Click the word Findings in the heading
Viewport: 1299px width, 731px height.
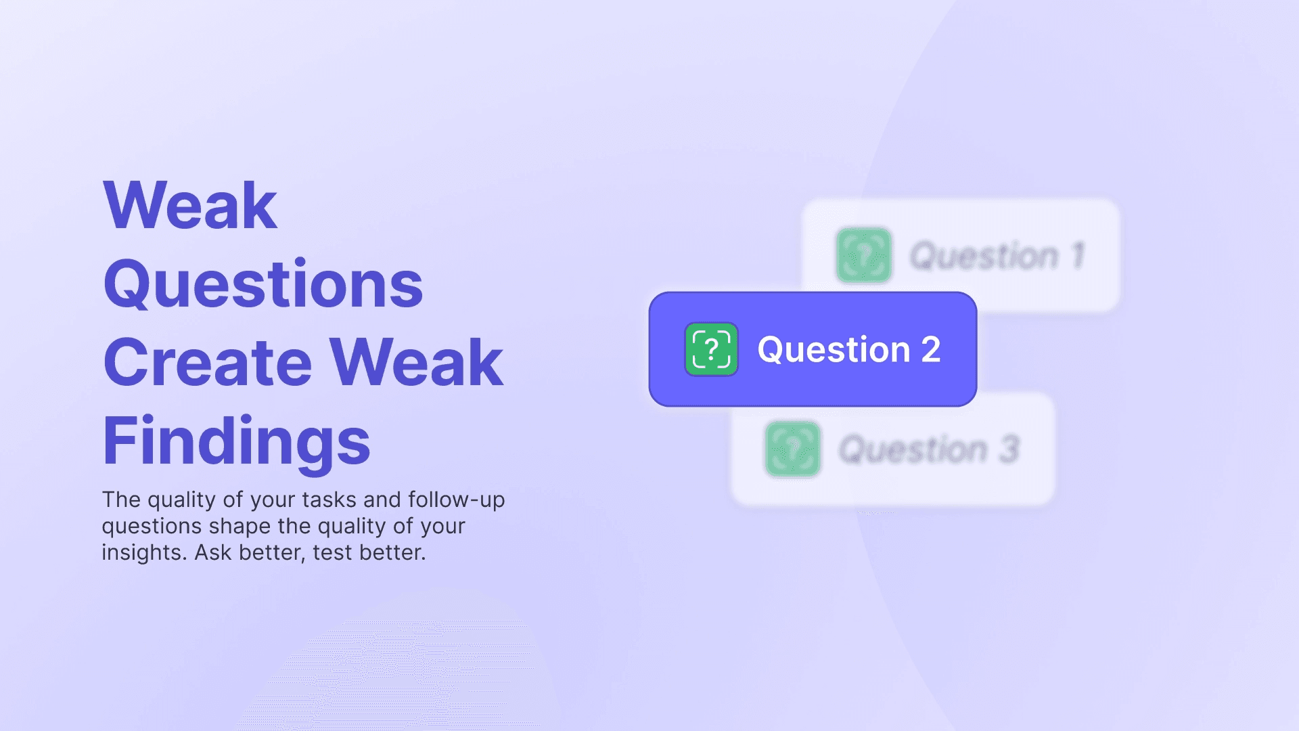pos(236,441)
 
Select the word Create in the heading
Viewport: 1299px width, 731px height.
pos(208,363)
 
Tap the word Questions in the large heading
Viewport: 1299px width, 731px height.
pos(263,284)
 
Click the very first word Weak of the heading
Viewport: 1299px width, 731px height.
pos(190,206)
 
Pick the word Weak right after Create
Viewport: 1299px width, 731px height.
pos(416,363)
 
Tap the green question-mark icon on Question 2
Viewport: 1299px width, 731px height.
pos(711,349)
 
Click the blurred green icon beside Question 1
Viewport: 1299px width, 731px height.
pos(864,255)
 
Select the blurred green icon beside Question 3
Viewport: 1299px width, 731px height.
pos(792,449)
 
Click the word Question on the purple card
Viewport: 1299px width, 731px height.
pos(834,350)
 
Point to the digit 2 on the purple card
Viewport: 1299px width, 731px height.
pos(931,350)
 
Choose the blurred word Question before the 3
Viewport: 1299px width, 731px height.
pos(913,449)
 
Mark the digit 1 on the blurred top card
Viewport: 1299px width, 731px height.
pos(1078,256)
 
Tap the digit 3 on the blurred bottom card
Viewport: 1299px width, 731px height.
pos(1009,449)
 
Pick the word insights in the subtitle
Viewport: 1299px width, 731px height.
pos(143,552)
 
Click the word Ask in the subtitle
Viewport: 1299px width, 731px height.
pos(213,552)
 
